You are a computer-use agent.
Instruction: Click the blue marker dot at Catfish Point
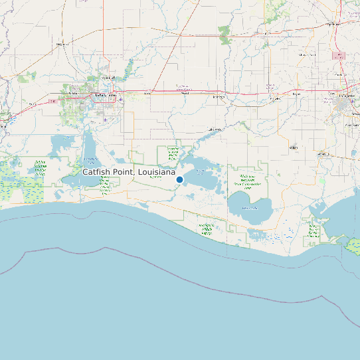coord(179,180)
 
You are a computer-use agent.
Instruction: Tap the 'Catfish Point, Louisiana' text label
coord(129,172)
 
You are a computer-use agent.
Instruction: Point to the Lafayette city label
coord(345,96)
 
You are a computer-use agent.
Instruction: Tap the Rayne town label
coord(296,94)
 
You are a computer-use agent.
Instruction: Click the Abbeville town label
coord(325,153)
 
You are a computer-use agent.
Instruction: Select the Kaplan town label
coord(293,147)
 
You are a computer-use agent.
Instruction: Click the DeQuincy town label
coord(63,44)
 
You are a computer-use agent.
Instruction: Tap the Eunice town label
coord(306,54)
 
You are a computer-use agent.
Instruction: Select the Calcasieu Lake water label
coord(90,159)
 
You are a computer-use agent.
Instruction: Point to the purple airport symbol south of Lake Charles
coord(105,120)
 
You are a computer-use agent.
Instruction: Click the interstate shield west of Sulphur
coord(51,102)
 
